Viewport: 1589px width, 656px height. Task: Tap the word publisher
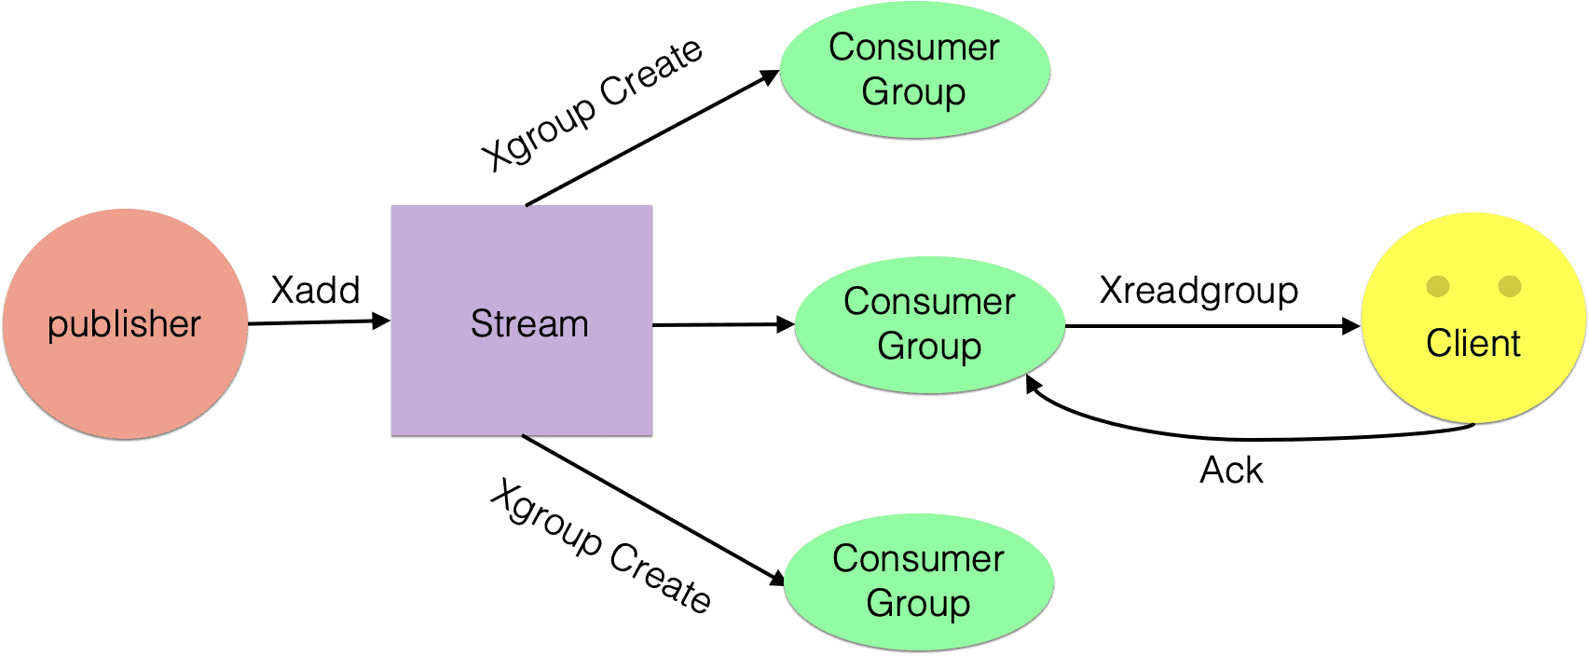[x=124, y=324]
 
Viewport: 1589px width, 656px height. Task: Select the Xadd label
[x=315, y=290]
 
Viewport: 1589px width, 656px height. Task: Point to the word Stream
[x=528, y=324]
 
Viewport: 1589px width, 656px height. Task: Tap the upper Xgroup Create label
[x=591, y=104]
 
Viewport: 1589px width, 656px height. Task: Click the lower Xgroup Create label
[x=600, y=547]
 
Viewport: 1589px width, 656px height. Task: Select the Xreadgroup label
[x=1198, y=290]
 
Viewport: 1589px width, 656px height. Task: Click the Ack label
[x=1230, y=470]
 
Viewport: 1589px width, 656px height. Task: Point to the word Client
[x=1473, y=344]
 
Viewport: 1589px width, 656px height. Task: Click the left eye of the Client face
[x=1438, y=286]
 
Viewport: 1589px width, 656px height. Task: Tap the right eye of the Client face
[x=1510, y=286]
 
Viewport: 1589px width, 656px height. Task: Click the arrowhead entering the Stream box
[x=380, y=321]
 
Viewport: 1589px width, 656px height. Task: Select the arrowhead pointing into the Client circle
[x=1350, y=326]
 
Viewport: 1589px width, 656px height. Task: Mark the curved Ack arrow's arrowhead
[x=1033, y=384]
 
